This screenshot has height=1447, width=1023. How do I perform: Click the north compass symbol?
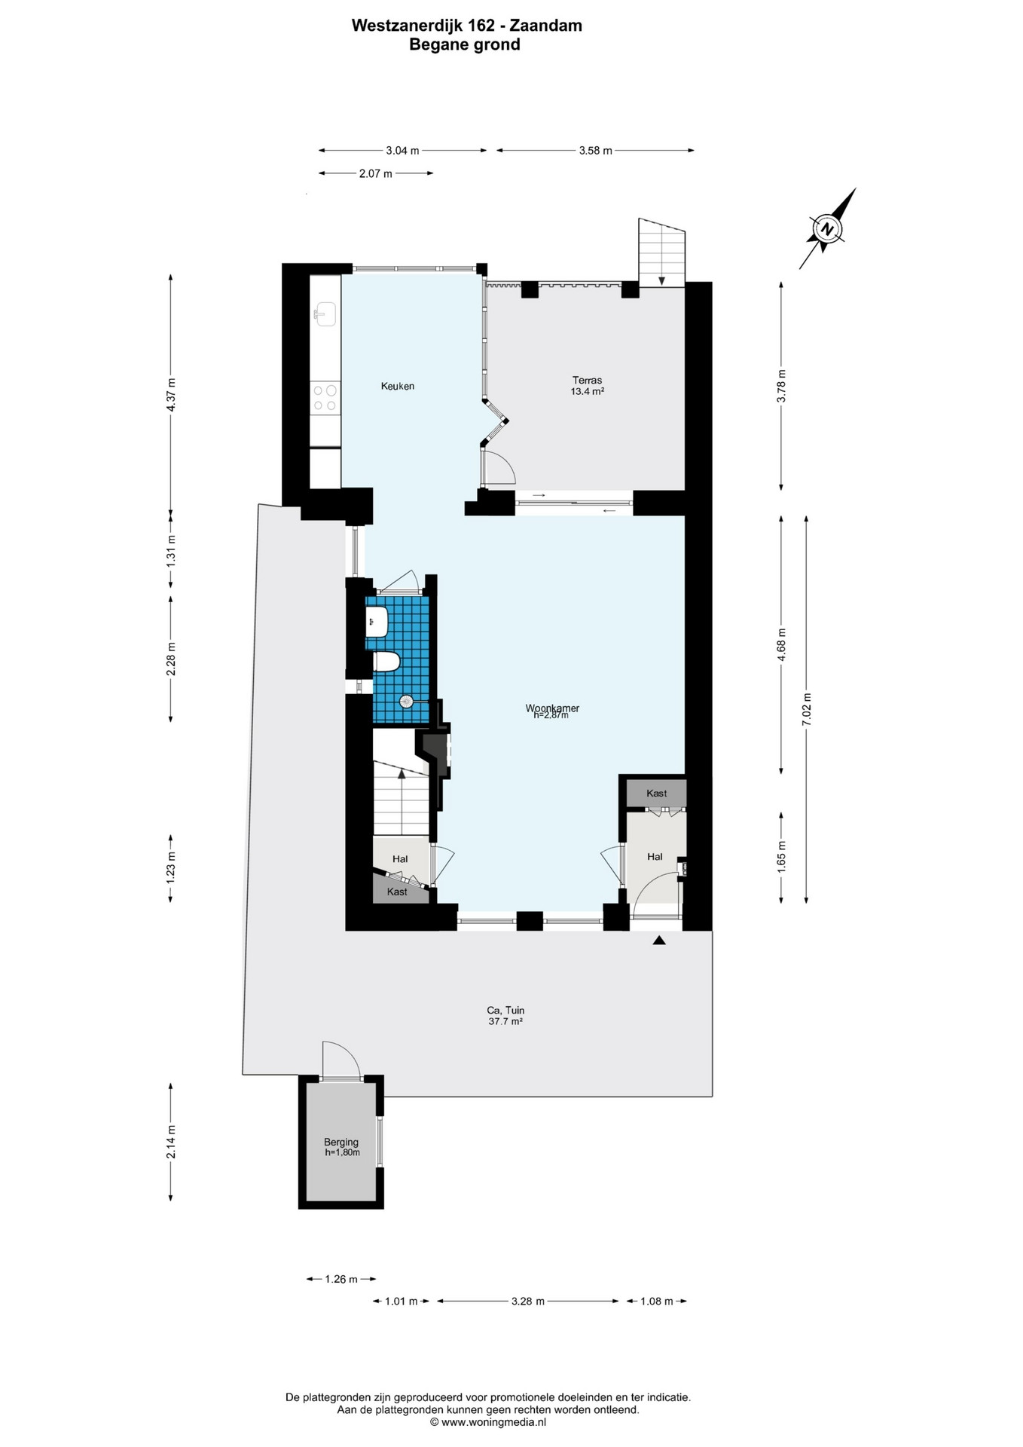pos(827,228)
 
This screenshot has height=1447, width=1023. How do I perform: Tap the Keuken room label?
pos(398,387)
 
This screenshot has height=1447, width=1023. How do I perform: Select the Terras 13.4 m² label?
pos(587,386)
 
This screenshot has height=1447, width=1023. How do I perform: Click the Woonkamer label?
pos(552,708)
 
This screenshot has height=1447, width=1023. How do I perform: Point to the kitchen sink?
pos(325,314)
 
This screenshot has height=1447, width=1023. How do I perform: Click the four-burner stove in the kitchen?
pos(325,398)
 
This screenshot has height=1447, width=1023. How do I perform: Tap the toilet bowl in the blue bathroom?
pos(386,662)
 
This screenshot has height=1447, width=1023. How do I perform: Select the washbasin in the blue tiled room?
pos(376,622)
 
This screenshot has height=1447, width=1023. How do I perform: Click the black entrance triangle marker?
pos(659,940)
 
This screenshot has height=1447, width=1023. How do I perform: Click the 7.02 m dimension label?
pos(806,709)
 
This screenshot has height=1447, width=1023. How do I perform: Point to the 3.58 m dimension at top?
pos(595,151)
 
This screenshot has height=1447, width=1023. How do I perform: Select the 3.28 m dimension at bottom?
pos(527,1301)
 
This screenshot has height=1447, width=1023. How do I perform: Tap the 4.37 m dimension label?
pos(171,394)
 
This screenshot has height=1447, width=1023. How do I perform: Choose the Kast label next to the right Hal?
pos(657,794)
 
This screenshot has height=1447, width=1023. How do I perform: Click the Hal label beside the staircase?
pos(400,859)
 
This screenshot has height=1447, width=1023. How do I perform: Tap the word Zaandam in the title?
pos(546,26)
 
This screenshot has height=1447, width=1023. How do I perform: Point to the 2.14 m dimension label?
pos(171,1142)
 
